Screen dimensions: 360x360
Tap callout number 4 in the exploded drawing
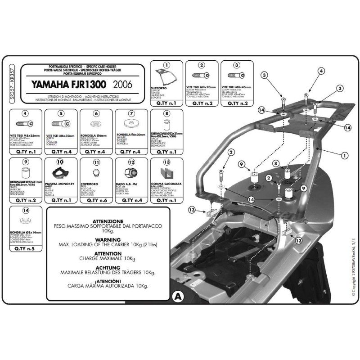[x=321, y=71]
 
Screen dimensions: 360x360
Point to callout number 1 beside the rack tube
[x=345, y=156]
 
